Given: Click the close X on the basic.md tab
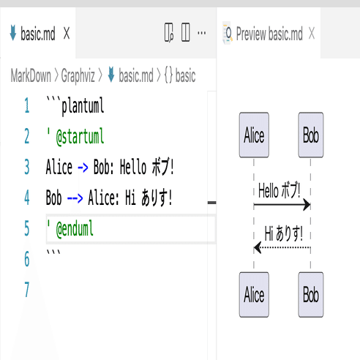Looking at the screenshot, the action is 67,33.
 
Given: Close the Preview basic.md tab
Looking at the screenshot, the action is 312,33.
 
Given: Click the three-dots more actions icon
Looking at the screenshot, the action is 201,33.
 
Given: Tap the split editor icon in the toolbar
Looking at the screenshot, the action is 186,32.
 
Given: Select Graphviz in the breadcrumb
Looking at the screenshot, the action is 78,75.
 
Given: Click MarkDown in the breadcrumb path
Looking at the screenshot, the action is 31,75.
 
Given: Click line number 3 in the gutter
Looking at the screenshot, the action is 27,167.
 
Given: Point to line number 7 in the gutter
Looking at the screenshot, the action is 27,290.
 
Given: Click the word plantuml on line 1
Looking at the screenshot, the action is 83,106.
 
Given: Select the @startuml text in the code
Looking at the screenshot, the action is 80,137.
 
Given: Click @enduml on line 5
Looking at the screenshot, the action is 75,228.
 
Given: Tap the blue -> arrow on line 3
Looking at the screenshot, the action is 83,168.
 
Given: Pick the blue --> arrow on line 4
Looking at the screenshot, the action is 75,198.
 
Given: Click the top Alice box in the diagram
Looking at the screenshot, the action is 254,135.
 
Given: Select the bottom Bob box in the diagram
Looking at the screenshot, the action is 311,295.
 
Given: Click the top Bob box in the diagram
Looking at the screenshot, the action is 311,135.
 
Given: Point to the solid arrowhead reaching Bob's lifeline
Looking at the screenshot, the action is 307,205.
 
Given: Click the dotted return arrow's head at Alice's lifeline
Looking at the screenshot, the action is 258,247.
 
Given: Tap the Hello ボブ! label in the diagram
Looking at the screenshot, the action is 280,190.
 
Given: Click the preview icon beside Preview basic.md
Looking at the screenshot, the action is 228,33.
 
